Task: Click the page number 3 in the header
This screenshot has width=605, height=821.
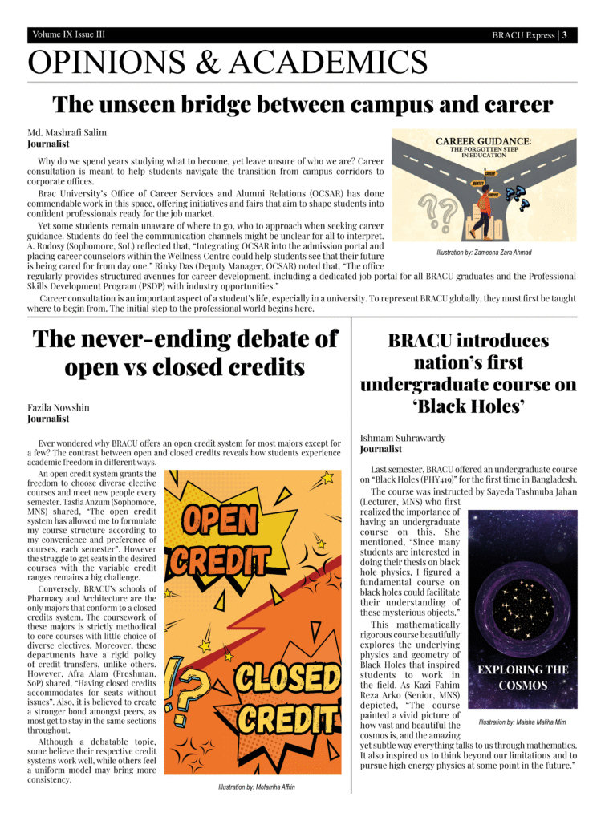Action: [x=565, y=35]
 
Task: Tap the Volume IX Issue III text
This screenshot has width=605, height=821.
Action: [x=69, y=35]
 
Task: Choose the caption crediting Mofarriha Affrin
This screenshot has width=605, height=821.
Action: [x=256, y=787]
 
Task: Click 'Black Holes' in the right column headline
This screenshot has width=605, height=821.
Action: [x=468, y=407]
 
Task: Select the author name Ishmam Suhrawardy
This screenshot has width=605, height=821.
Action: [x=403, y=438]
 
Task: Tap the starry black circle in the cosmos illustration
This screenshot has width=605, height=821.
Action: [x=522, y=594]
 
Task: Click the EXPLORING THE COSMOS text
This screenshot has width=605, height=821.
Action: [x=522, y=677]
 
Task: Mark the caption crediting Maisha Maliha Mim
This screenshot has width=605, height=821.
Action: [x=522, y=722]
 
